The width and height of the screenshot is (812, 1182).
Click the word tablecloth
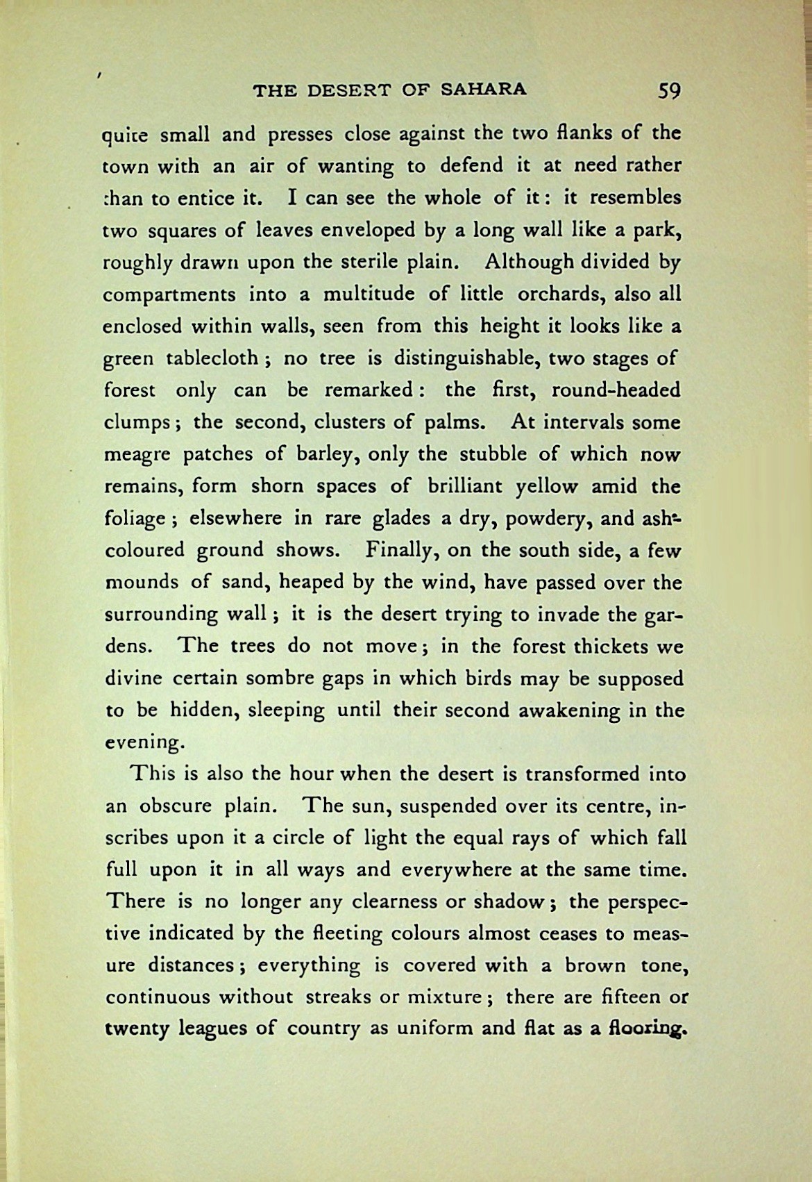(212, 358)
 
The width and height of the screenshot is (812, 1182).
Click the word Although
(530, 262)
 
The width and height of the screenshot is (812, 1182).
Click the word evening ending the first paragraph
(142, 742)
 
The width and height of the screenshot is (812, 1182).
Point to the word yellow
(547, 487)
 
